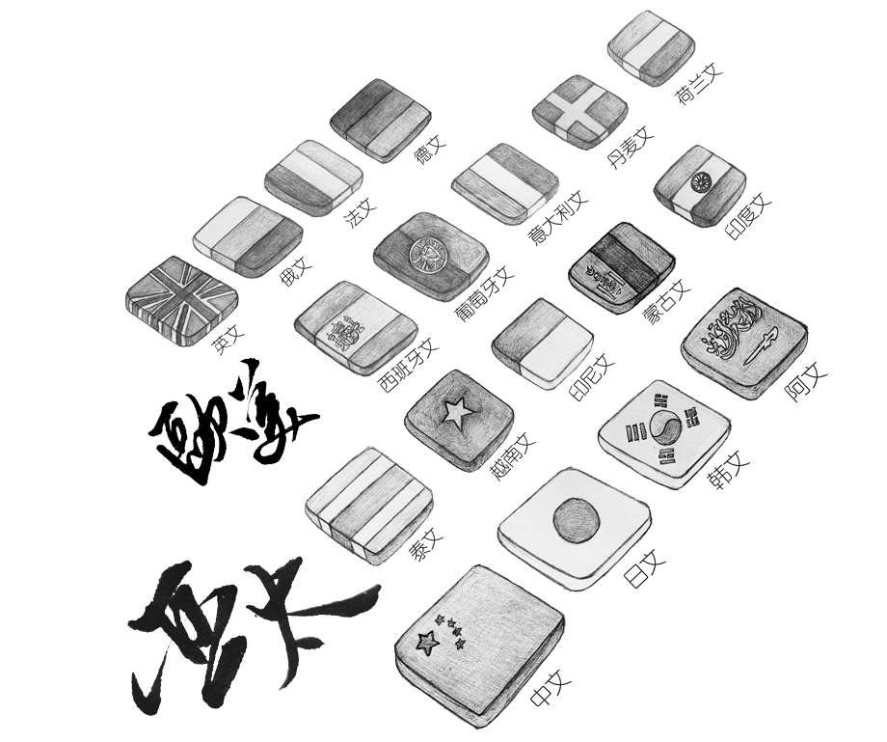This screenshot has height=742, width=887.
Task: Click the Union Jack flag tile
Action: coord(181,296)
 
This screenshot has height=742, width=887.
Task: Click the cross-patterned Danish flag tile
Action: coord(578,111)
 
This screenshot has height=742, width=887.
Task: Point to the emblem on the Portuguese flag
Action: coord(425,253)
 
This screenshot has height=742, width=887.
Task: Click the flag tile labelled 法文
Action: coord(313,177)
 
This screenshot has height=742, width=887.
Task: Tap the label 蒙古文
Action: coord(667,303)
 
